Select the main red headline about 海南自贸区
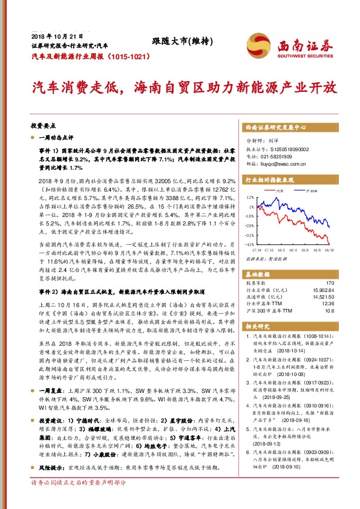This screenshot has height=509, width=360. coord(179,87)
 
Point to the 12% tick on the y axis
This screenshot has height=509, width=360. coord(250,197)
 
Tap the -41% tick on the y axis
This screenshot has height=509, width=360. coord(249,244)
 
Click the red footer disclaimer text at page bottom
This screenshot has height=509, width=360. coord(79,500)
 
